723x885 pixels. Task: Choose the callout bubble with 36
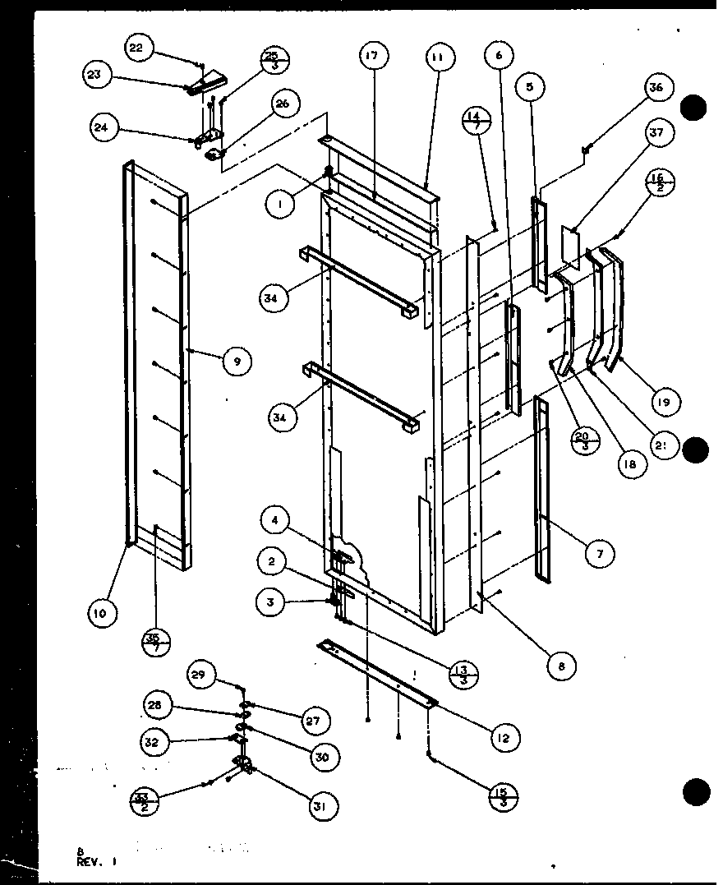659,88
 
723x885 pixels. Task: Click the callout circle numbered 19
663,402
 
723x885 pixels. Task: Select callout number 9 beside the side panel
237,361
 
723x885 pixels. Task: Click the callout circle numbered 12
503,738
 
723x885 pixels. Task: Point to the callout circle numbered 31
320,808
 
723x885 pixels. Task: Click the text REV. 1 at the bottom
98,862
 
